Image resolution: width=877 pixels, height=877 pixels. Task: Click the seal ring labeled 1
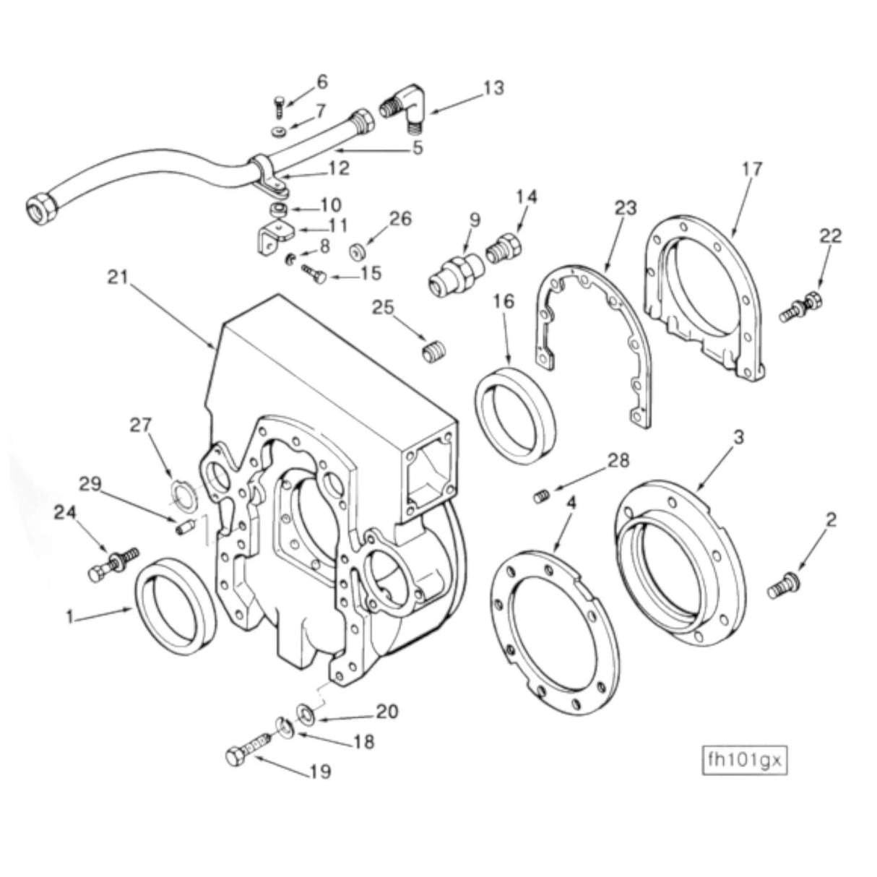tap(176, 605)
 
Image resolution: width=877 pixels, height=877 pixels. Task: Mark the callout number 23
tap(626, 209)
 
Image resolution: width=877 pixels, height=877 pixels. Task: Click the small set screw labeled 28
tap(542, 496)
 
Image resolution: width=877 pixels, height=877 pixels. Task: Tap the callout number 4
tap(571, 503)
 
